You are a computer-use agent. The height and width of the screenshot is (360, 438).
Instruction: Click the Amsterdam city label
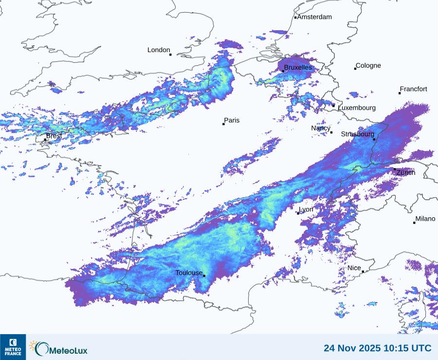[x=314, y=17]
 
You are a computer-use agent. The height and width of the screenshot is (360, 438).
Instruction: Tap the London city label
[x=159, y=50]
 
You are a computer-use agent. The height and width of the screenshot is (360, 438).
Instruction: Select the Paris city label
[x=232, y=120]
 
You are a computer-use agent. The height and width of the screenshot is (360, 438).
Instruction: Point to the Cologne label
[x=368, y=66]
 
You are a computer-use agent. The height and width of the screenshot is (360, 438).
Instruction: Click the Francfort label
[x=413, y=89]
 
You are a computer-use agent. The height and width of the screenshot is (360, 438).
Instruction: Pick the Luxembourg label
[x=357, y=108]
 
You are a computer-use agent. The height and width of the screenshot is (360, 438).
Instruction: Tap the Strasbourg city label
[x=357, y=134]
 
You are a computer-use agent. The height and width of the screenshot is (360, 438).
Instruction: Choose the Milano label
[x=425, y=219]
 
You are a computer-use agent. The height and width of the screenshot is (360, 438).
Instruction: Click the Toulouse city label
[x=189, y=273]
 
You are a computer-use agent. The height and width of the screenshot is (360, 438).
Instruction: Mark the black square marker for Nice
[x=363, y=272]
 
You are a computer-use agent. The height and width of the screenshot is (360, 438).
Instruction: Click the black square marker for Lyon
[x=298, y=213]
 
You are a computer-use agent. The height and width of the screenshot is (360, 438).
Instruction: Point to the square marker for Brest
[x=45, y=140]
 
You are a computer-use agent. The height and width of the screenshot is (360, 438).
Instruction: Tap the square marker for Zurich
[x=395, y=169]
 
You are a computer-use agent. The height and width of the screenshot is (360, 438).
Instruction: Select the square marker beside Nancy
[x=331, y=133]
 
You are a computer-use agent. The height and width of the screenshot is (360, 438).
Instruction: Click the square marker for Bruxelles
[x=283, y=71]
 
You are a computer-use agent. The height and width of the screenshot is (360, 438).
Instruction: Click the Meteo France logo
[x=13, y=347]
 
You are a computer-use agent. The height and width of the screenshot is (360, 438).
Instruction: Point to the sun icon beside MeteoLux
[x=33, y=345]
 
